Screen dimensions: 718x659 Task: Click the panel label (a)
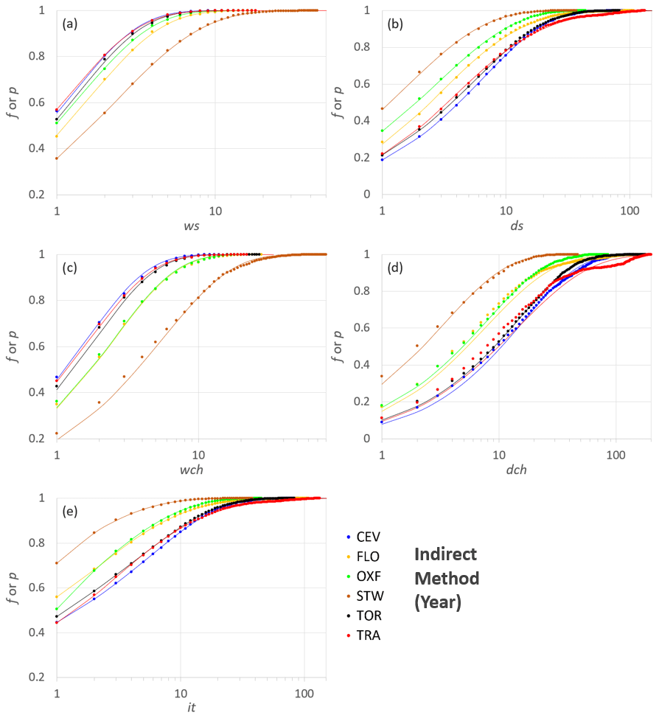click(x=72, y=24)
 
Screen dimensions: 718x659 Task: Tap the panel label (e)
click(x=72, y=510)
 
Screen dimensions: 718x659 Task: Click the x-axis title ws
click(x=192, y=226)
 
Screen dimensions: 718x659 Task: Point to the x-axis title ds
click(x=517, y=226)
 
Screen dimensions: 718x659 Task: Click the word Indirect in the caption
click(x=444, y=554)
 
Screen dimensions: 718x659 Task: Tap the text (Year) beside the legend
click(x=438, y=602)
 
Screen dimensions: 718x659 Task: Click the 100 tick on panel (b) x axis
click(x=629, y=209)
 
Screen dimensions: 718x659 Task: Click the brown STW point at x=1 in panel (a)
click(x=57, y=158)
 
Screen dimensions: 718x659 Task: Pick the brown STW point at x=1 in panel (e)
click(x=57, y=563)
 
